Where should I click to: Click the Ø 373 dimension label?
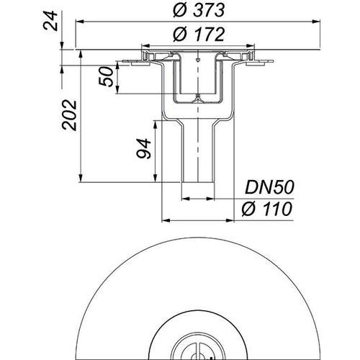(199, 10)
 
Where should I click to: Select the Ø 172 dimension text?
(199, 35)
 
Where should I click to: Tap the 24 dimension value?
(50, 22)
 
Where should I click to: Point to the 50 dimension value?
(106, 76)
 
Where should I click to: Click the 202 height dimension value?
(69, 115)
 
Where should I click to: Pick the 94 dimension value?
(143, 148)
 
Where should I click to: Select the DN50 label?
(269, 187)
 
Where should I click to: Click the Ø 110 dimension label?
(267, 209)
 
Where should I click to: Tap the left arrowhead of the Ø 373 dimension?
(79, 22)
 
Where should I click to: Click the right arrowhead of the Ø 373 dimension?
(316, 22)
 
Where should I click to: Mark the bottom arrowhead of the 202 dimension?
(81, 179)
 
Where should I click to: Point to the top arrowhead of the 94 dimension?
(156, 125)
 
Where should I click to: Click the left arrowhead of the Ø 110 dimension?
(166, 220)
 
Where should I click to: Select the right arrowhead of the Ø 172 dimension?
(250, 45)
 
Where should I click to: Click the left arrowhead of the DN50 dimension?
(186, 199)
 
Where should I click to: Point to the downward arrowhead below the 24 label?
(62, 45)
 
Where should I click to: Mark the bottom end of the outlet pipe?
(198, 182)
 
